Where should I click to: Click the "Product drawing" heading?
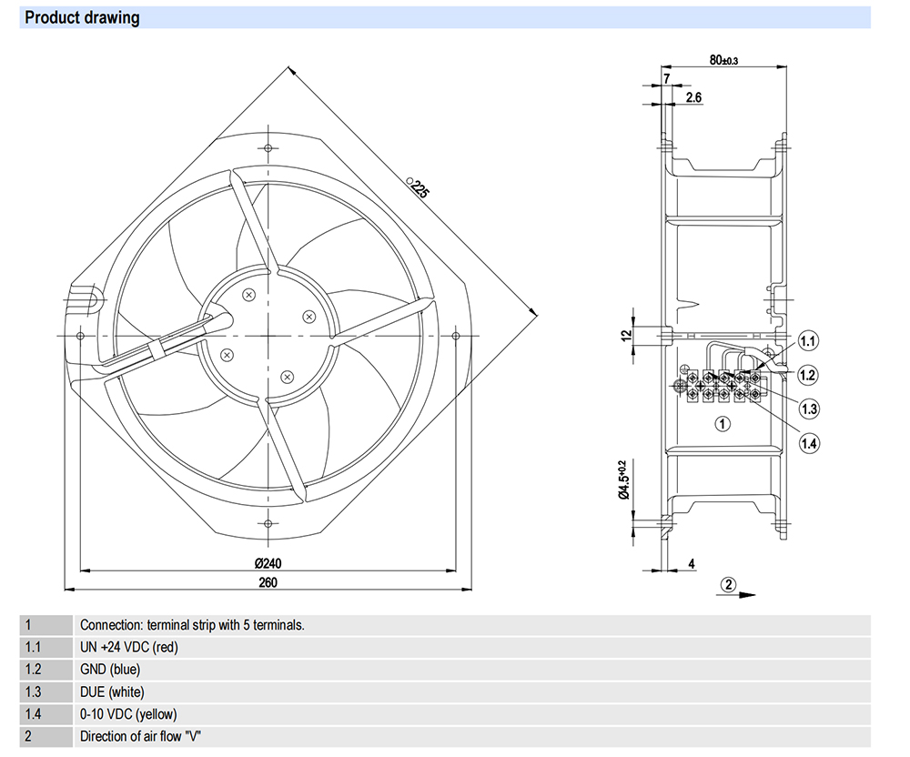82,17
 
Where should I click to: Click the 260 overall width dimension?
267,582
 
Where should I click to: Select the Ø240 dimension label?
267,562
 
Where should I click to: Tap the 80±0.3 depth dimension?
723,60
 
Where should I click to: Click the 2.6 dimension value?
693,96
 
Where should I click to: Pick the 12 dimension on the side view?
625,335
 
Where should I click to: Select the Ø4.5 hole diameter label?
624,480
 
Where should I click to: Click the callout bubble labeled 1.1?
809,341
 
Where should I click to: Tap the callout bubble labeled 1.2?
809,375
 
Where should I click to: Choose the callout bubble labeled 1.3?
809,408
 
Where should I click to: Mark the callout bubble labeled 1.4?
809,443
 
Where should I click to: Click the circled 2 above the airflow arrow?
729,584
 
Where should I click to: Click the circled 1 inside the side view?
722,423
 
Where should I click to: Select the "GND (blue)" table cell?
110,670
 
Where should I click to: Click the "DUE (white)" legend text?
112,691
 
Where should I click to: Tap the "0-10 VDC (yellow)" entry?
128,714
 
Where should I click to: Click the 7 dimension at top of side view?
666,79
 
